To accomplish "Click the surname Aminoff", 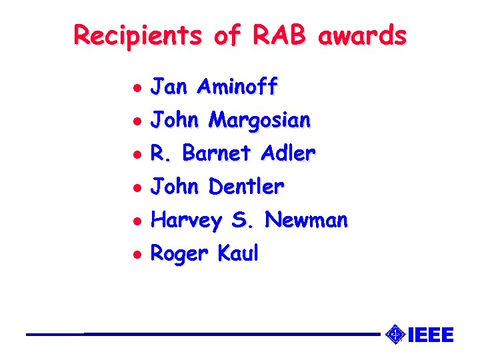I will [x=238, y=87].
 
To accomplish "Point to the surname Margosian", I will [x=259, y=120].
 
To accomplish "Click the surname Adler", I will [x=287, y=153].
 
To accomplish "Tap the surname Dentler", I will [x=246, y=187].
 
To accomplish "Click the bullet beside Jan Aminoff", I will [x=136, y=87].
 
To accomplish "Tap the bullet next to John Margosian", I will [x=136, y=121].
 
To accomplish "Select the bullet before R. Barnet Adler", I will [x=136, y=154].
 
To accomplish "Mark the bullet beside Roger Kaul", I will [x=136, y=254].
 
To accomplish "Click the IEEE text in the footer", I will [x=430, y=335].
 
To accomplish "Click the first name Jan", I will [x=167, y=87].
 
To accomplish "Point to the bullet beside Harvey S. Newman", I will [x=136, y=221].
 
